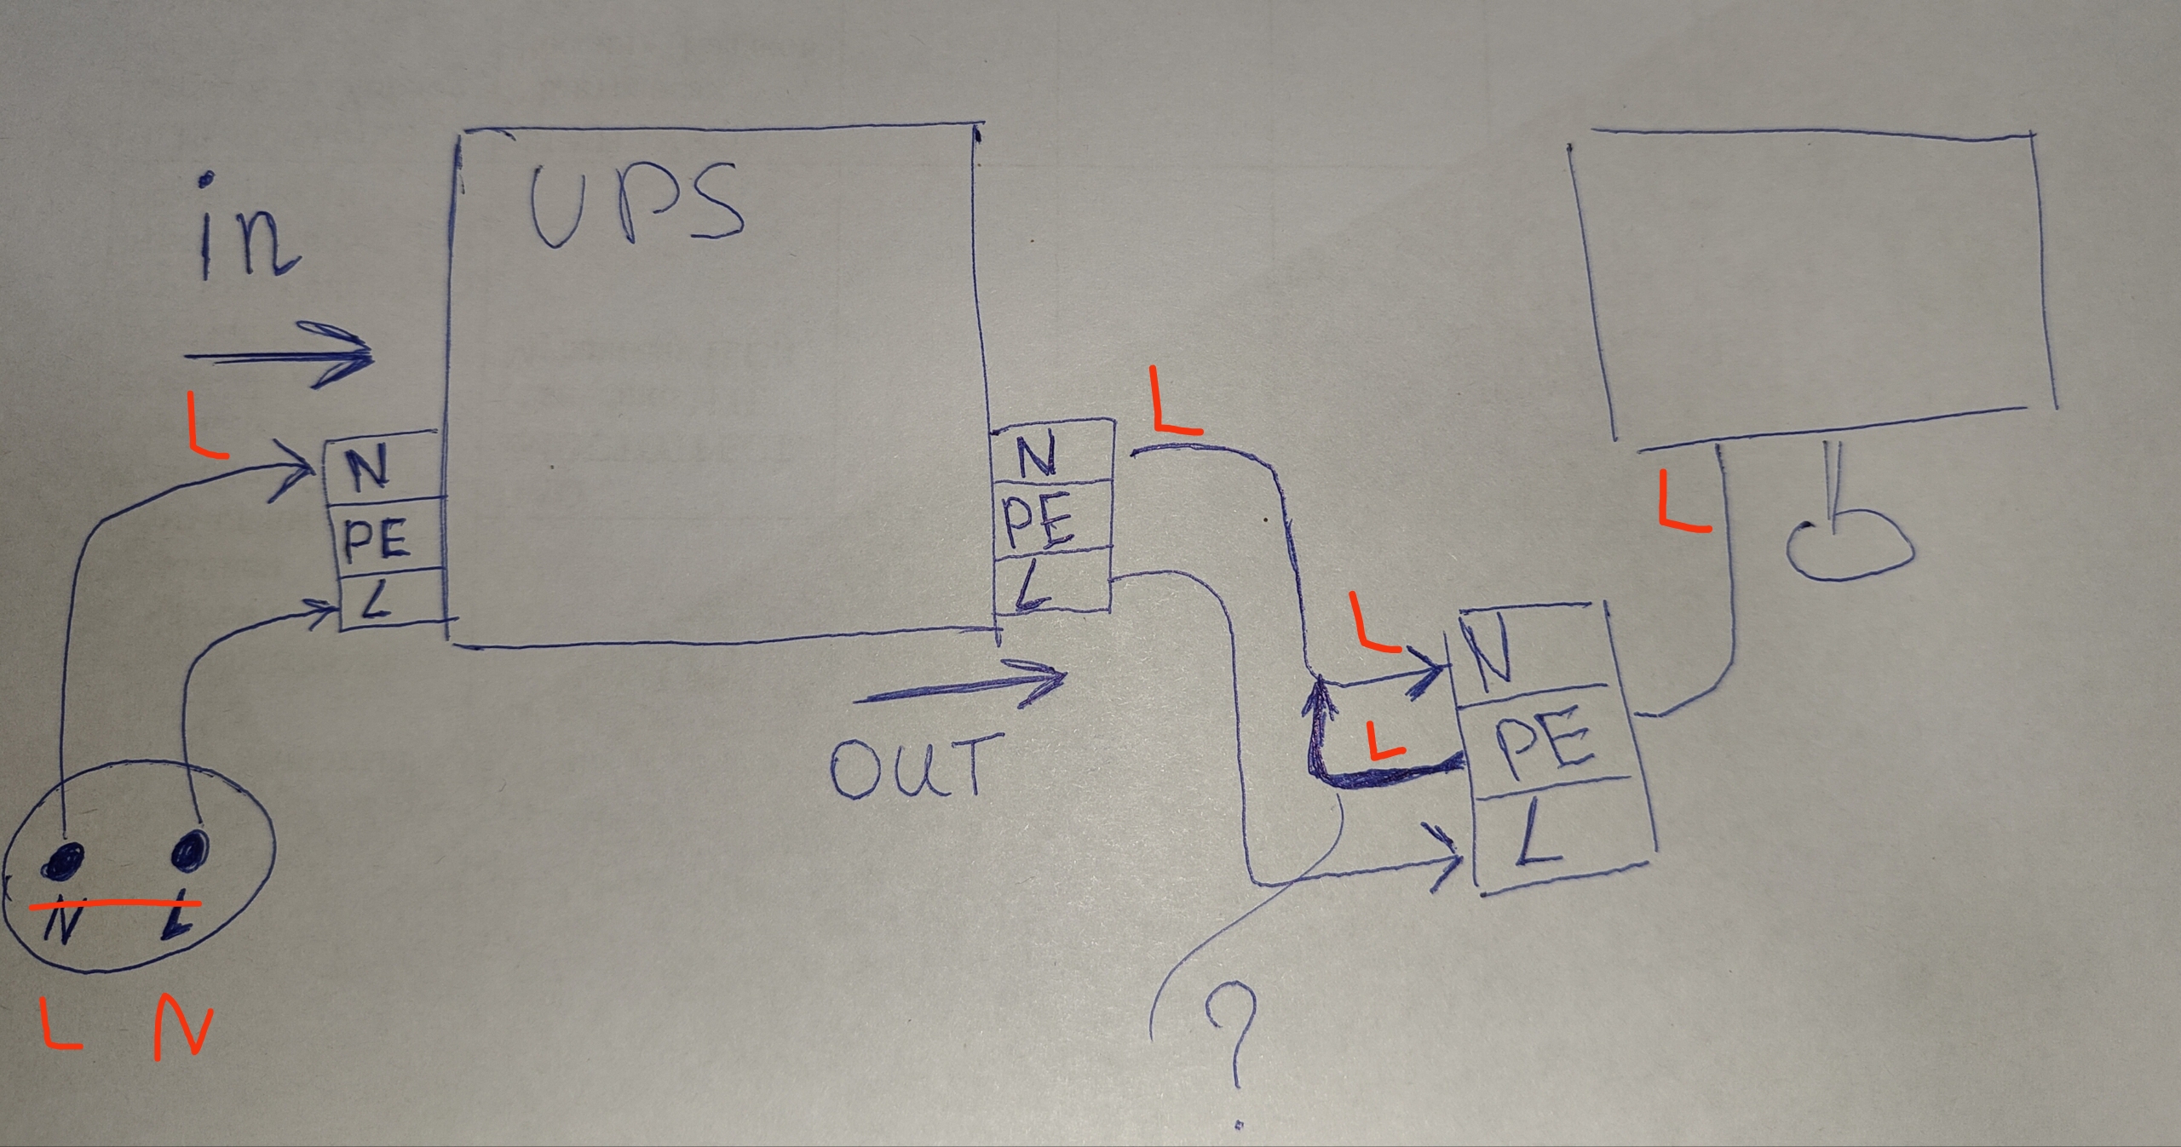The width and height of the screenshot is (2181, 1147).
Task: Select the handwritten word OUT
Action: pyautogui.click(x=912, y=766)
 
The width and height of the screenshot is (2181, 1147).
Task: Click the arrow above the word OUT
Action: pyautogui.click(x=961, y=686)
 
